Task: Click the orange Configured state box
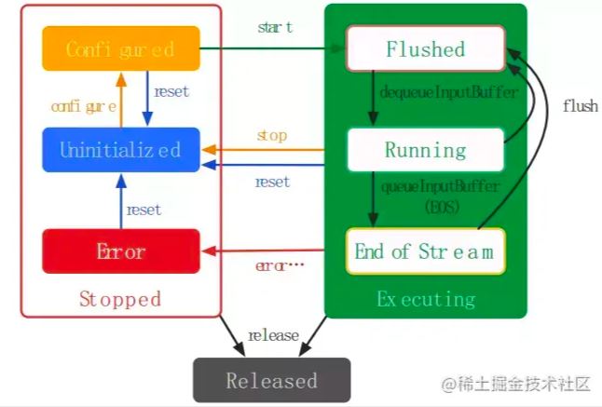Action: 120,48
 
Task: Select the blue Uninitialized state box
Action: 120,149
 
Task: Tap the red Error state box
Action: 120,251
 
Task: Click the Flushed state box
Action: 425,48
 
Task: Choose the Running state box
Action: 425,149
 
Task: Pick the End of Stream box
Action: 425,251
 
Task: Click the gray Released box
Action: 271,380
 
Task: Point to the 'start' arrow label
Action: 275,27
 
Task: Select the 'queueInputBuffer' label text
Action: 440,186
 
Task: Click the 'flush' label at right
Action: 580,106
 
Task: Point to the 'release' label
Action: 273,335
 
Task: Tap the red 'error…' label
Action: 279,265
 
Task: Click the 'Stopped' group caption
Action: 119,299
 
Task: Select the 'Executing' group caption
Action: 425,299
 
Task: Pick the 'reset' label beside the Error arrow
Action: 144,210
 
